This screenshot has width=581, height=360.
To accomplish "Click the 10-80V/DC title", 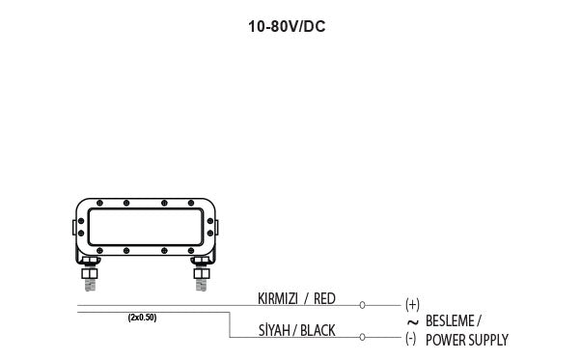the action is pos(287,27).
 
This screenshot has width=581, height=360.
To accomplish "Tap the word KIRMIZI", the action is pos(278,298).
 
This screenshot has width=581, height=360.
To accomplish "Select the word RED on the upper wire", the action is pos(324,298).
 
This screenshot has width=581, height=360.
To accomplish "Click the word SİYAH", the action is pos(274,330).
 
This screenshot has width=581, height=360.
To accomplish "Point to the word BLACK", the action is pos(318,330).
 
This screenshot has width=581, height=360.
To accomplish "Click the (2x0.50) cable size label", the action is pos(142,318).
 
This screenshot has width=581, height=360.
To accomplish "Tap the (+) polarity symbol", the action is pos(412,304).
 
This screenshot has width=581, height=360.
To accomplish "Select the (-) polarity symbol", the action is pos(410,339).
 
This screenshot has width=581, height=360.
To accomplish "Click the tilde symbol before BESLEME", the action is pos(413,322).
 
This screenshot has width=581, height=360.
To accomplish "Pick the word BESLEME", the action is pos(450,320).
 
